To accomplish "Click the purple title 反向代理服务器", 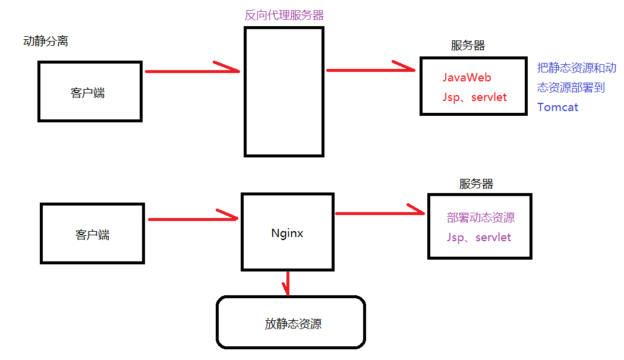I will [284, 15].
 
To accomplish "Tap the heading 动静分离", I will [45, 42].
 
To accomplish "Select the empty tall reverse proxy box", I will [284, 92].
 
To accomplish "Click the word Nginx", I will [287, 233].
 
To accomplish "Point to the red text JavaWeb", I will [467, 78].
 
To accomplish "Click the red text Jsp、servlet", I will [474, 97].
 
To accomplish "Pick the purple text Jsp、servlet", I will [478, 238].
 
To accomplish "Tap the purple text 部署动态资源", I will [480, 218].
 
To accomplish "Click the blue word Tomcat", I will [557, 108].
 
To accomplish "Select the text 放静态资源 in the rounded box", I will [293, 324].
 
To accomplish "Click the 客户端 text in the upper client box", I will [87, 93].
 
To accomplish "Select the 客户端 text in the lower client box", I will [92, 235].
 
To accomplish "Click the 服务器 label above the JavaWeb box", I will [468, 46].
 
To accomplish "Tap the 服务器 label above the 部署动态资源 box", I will [476, 184].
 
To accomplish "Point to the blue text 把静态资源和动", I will [576, 68].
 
